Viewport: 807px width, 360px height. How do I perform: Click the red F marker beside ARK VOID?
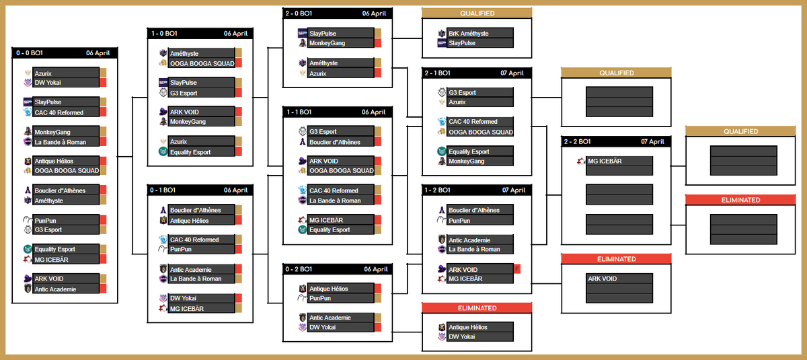[517, 269]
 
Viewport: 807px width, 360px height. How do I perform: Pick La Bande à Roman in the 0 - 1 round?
[196, 279]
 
